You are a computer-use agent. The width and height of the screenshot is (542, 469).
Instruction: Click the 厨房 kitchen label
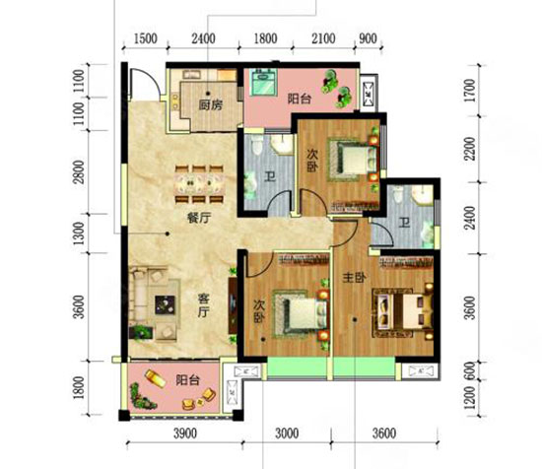point(208,105)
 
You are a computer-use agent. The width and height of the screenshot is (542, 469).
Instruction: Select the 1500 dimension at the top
point(145,38)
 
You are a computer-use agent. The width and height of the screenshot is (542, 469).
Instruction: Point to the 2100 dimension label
point(325,38)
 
